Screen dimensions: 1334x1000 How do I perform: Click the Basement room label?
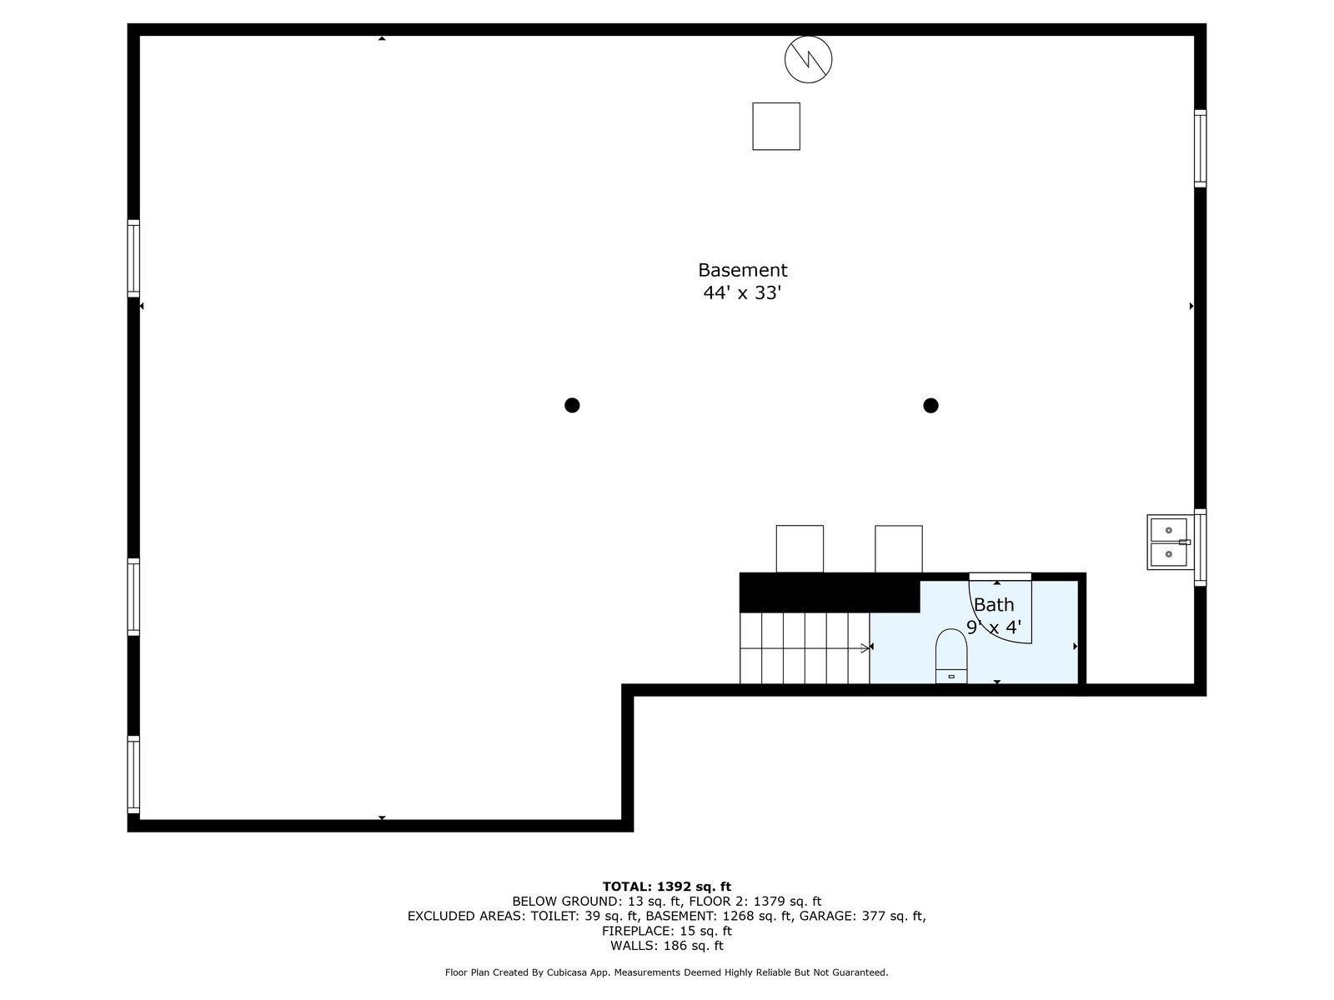click(742, 270)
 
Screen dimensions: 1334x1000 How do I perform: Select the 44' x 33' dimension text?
click(742, 293)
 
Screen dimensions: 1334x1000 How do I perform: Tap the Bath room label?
click(994, 605)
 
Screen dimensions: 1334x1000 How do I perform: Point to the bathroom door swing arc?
click(1000, 612)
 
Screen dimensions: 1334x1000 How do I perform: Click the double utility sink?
click(1169, 542)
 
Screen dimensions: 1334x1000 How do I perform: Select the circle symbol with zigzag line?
click(808, 59)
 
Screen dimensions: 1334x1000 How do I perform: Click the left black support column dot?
click(572, 406)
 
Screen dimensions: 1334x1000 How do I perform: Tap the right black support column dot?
click(930, 406)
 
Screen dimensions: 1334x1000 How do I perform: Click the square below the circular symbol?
click(776, 127)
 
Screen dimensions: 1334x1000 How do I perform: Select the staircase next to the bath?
click(805, 648)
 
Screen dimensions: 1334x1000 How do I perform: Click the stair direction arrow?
click(865, 647)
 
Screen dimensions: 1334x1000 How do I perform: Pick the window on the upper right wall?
click(1200, 148)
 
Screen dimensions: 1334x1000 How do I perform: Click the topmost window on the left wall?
click(133, 258)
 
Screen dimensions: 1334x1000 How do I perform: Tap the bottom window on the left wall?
click(133, 775)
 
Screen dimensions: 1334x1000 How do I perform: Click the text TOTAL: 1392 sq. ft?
click(666, 887)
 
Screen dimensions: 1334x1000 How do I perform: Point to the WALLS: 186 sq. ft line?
click(666, 946)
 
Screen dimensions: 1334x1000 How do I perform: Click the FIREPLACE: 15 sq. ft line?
click(666, 931)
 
